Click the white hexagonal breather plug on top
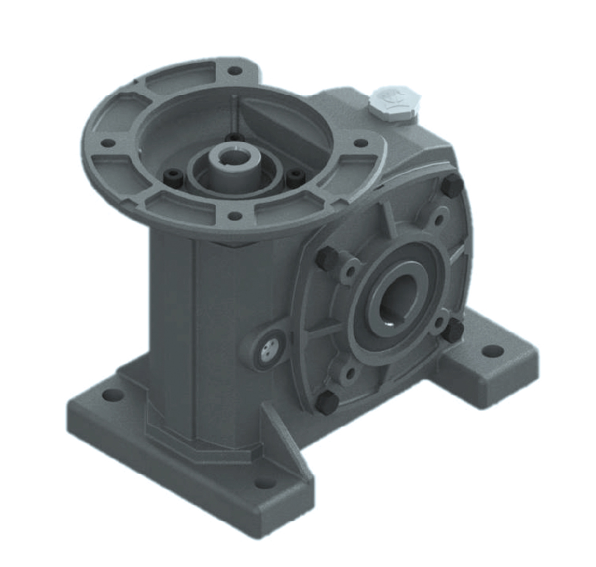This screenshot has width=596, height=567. coord(394,102)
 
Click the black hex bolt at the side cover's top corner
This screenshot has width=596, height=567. coord(452,187)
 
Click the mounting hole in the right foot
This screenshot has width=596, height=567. coord(492,350)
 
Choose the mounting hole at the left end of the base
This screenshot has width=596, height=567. coord(112,395)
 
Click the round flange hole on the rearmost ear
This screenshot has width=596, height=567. coord(234,71)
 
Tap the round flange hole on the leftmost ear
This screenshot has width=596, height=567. coord(108,143)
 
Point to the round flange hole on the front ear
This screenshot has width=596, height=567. coord(234,216)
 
